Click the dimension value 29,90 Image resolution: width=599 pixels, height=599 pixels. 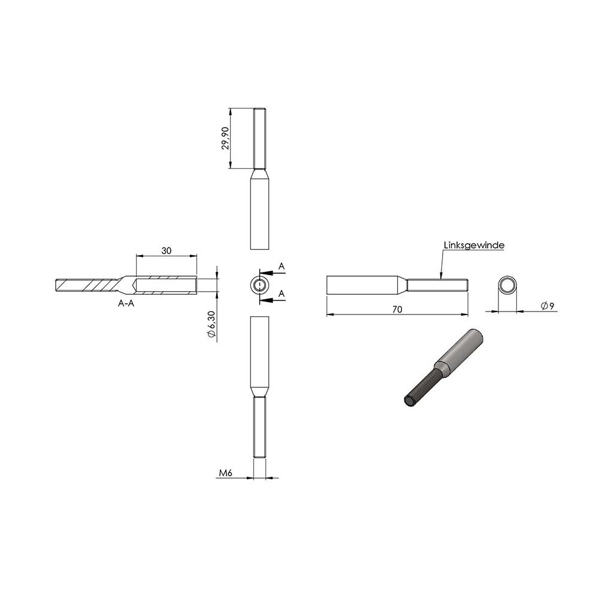(x=225, y=138)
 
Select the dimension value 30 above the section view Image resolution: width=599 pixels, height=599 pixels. (x=167, y=250)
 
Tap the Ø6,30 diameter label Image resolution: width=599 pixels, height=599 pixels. (x=212, y=325)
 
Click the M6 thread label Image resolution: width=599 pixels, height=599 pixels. (x=226, y=473)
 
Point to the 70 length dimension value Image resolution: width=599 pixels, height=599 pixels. (x=397, y=310)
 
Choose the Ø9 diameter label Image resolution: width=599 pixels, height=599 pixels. (x=547, y=305)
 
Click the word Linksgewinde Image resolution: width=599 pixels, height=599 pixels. (x=474, y=245)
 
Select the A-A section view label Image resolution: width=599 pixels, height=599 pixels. (x=126, y=303)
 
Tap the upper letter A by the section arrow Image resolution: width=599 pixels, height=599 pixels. (x=282, y=267)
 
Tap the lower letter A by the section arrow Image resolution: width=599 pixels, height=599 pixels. (x=282, y=294)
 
